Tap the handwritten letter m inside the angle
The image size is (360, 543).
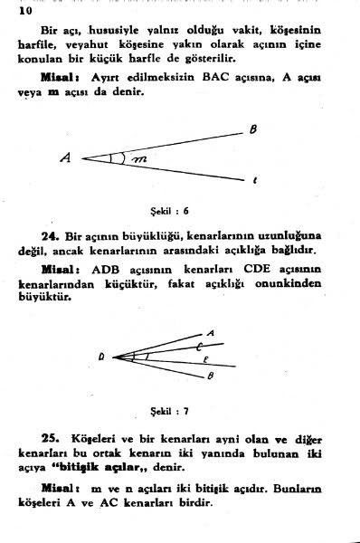(x=137, y=159)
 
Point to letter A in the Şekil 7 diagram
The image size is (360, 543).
(x=211, y=333)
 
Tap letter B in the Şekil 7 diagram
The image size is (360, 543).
(x=210, y=376)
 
